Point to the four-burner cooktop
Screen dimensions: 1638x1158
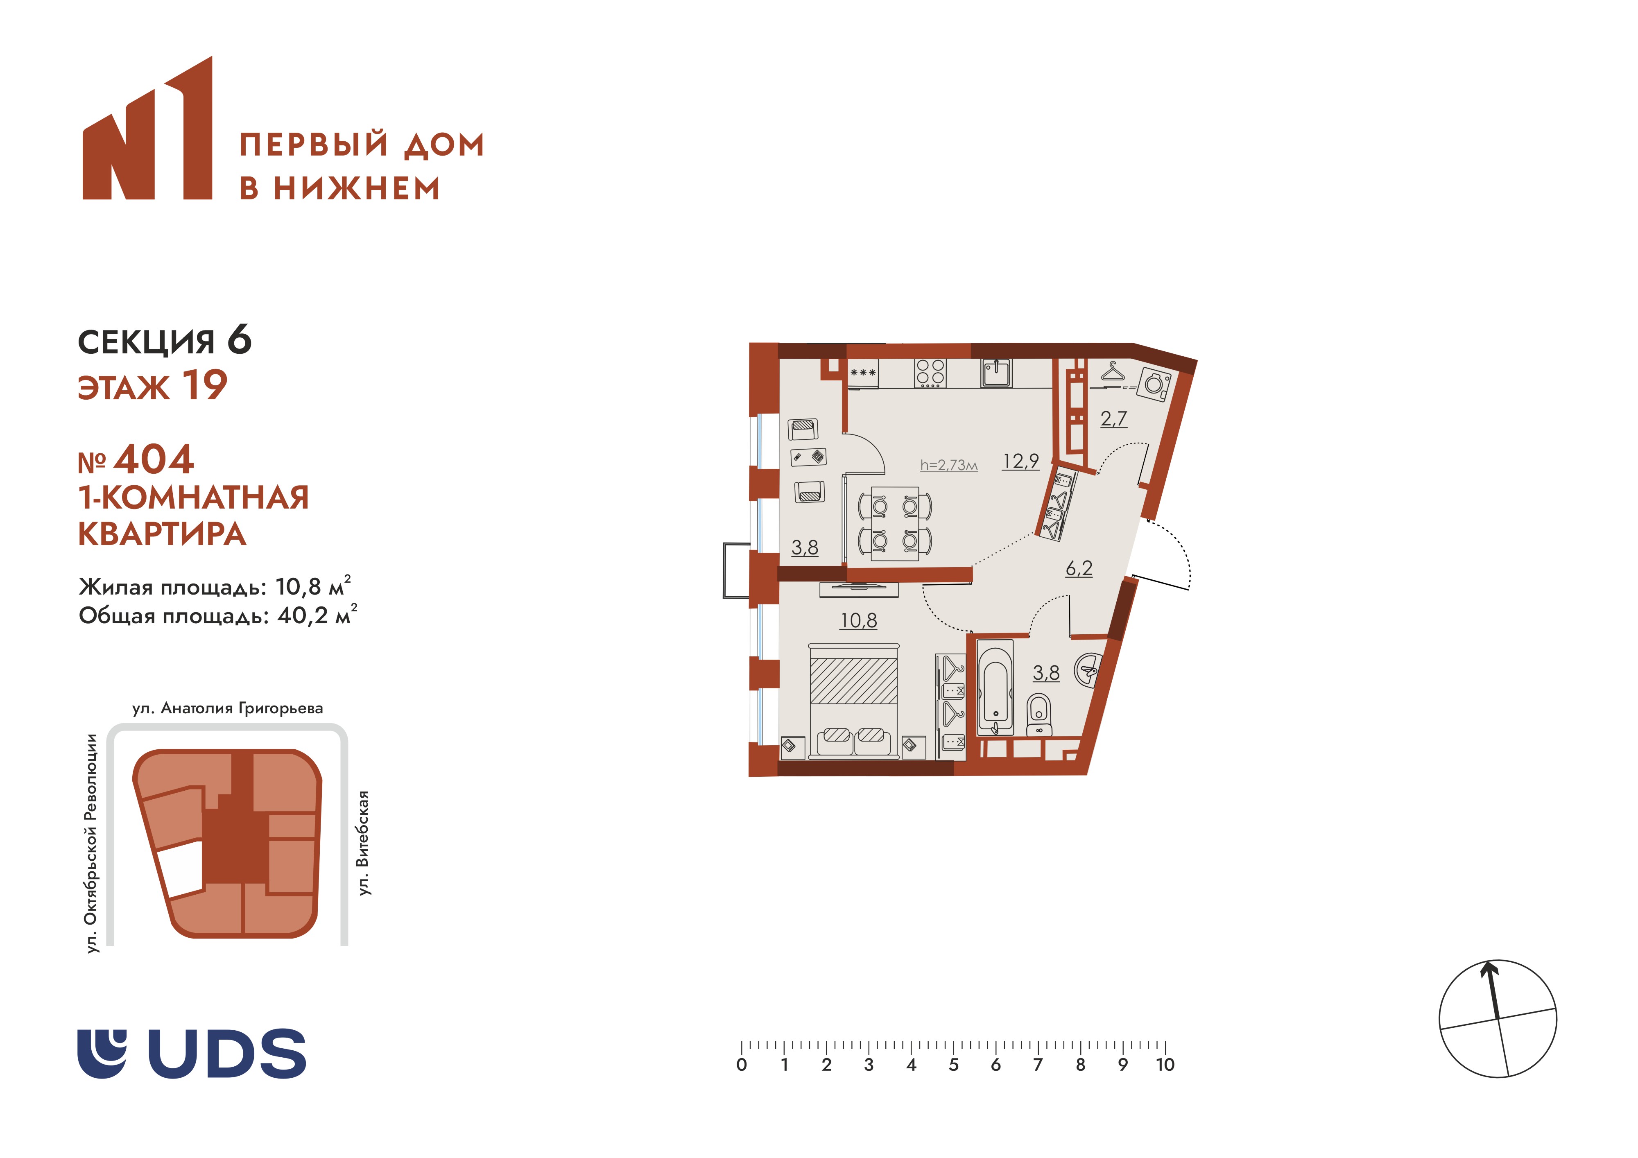[930, 373]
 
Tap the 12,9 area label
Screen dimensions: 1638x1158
[1020, 461]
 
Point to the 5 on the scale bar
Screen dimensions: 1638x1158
[953, 1065]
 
